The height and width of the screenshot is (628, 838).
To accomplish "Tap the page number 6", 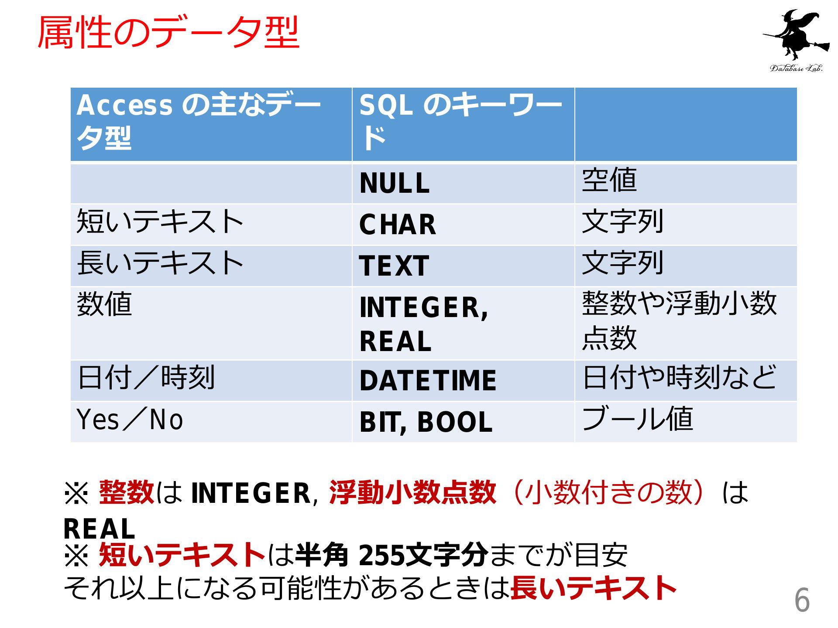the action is (802, 600).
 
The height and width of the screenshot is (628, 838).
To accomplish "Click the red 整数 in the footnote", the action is (127, 492).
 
